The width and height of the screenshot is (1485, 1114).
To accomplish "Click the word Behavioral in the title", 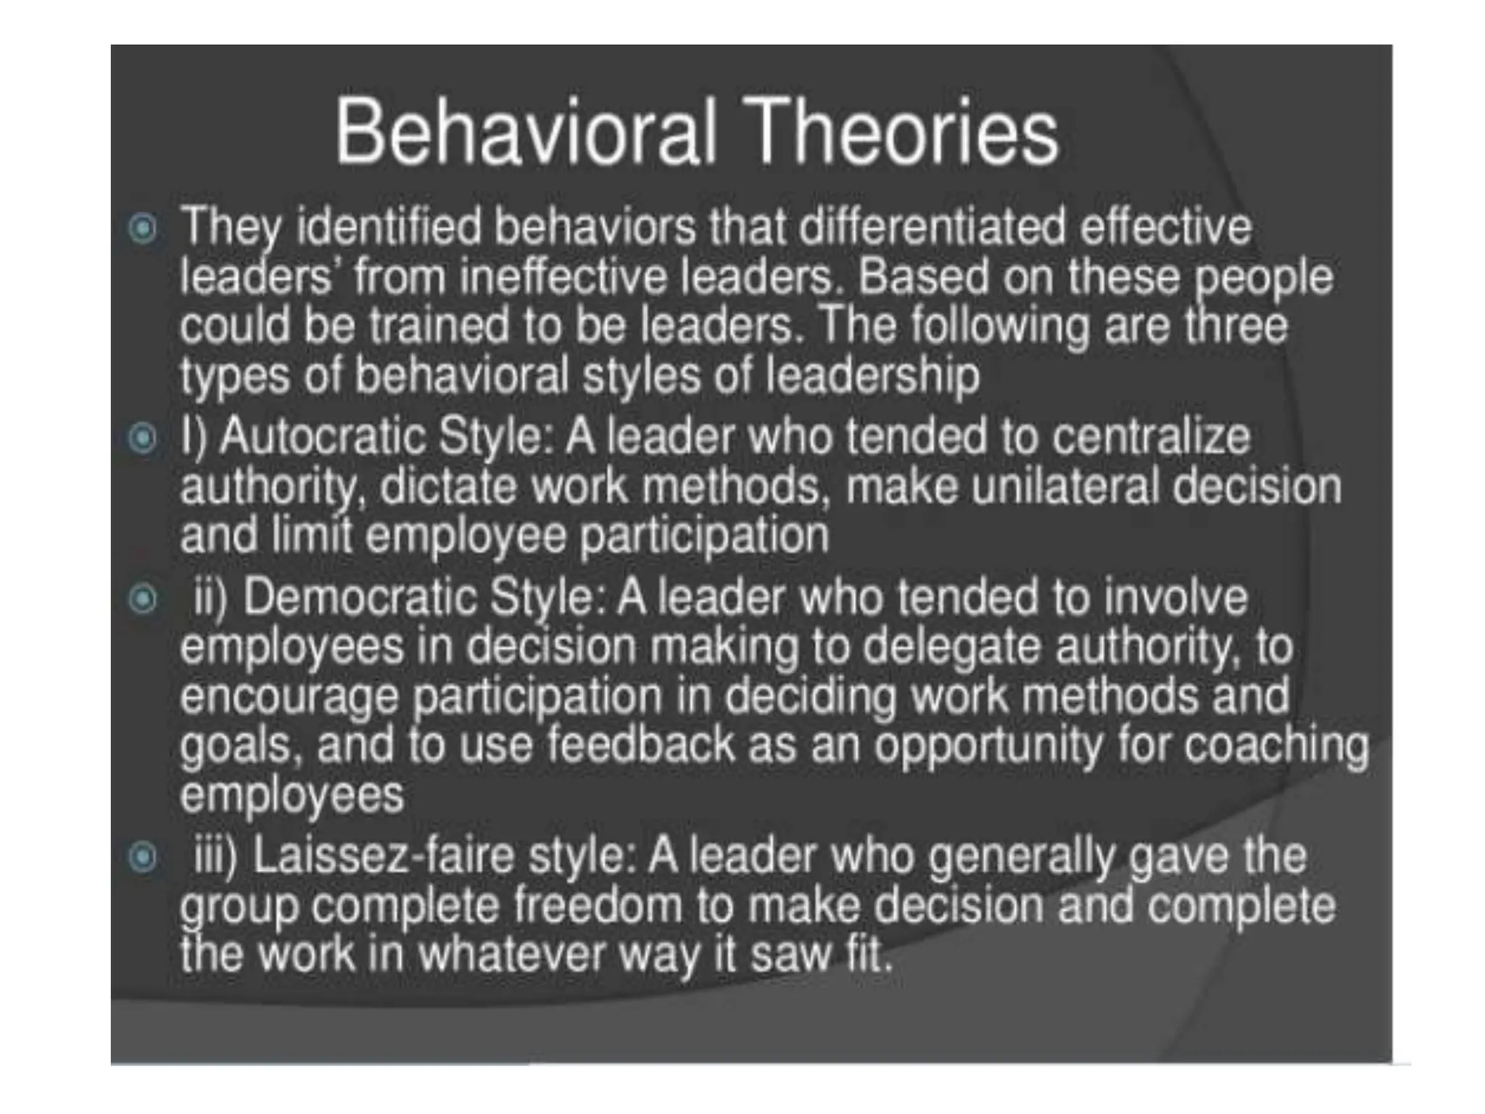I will [x=525, y=133].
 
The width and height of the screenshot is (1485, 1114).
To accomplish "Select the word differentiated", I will [x=933, y=226].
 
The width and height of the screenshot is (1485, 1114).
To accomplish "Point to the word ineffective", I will [x=562, y=277].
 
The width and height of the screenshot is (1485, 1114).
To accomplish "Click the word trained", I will [x=439, y=326].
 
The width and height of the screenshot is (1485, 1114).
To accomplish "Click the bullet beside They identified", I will [x=142, y=229].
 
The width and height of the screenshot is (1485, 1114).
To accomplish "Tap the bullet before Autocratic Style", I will [x=142, y=438].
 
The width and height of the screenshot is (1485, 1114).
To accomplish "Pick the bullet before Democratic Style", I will [x=142, y=599].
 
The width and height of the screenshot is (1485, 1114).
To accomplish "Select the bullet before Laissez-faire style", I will [x=142, y=857].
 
